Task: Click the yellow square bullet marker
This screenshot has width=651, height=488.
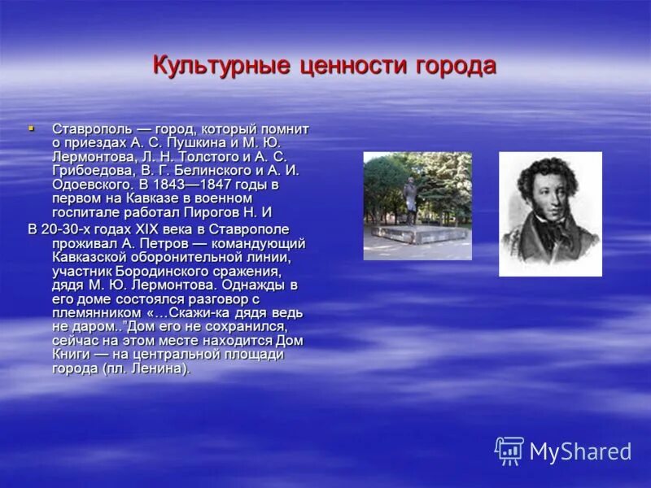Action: pyautogui.click(x=32, y=129)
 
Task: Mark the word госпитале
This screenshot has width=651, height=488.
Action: pyautogui.click(x=88, y=212)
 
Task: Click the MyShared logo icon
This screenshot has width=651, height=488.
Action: pyautogui.click(x=509, y=450)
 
